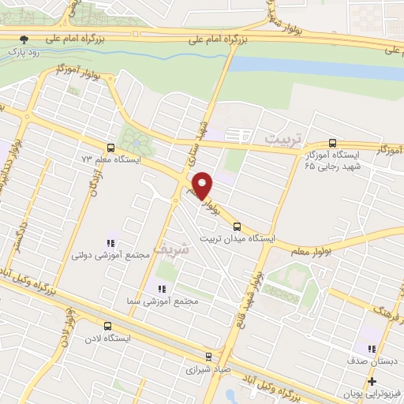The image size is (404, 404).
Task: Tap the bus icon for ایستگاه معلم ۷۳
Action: pos(109,147)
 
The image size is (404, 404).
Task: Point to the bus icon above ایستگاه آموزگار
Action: pos(331,144)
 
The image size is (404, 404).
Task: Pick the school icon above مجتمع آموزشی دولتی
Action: pos(110,243)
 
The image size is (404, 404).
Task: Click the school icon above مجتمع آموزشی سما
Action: pos(155,288)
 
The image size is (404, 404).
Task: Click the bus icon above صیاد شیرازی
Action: pos(208,356)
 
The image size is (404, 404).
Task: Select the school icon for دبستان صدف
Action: pos(372,350)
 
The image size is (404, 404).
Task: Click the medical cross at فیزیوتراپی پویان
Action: pos(372,381)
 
